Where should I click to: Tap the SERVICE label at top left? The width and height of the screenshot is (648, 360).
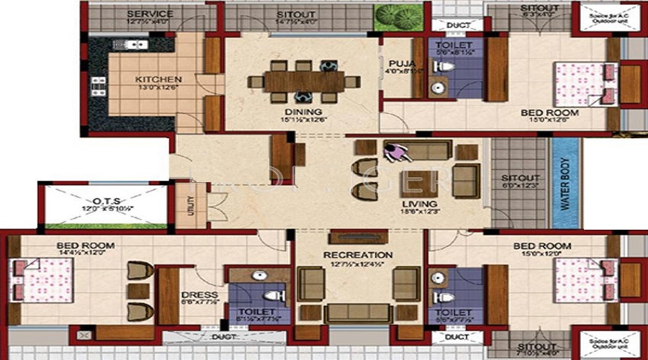150,14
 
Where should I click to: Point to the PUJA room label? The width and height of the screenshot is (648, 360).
395,62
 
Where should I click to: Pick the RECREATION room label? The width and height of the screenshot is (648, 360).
358,255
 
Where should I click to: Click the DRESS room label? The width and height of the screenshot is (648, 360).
194,294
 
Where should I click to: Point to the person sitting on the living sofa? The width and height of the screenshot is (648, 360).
395,152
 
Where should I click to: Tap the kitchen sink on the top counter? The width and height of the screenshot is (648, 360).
130,45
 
